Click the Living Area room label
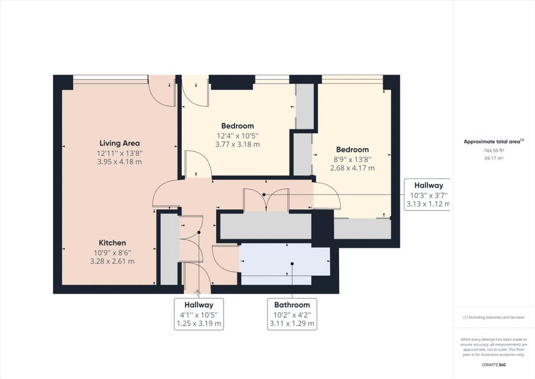120,143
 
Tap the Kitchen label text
112,243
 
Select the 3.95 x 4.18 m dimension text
120,162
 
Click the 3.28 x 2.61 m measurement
112,261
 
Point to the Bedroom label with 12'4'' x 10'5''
238,126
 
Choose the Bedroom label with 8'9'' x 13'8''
353,150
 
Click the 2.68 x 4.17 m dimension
353,168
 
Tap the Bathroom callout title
292,305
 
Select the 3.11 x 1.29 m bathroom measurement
292,324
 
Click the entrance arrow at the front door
197,292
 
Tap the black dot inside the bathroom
293,263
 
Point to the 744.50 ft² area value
494,150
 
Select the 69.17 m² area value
494,158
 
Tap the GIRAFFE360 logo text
494,365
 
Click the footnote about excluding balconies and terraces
494,317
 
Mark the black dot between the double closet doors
264,194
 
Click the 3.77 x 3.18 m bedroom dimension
238,144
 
